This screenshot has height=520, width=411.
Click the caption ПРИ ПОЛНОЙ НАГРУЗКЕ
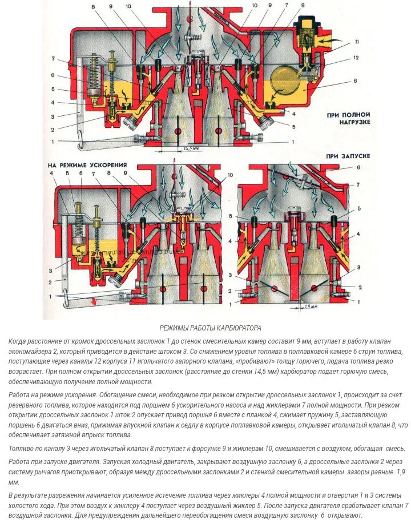pyautogui.click(x=349, y=118)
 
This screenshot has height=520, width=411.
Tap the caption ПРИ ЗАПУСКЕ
pyautogui.click(x=348, y=156)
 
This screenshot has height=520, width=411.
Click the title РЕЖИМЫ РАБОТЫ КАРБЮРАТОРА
pyautogui.click(x=209, y=328)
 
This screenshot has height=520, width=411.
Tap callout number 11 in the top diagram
pyautogui.click(x=357, y=42)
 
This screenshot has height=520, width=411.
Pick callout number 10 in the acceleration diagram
pyautogui.click(x=230, y=175)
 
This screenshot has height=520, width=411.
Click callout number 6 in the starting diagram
pyautogui.click(x=358, y=168)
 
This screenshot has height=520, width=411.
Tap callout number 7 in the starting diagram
pyautogui.click(x=358, y=184)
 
